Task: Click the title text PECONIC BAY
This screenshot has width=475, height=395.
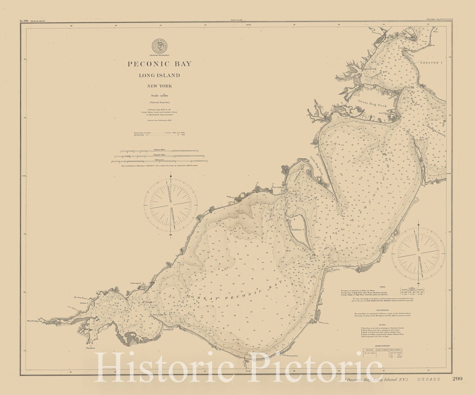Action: [160, 64]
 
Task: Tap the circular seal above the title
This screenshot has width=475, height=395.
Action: [160, 47]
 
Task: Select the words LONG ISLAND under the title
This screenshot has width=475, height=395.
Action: [159, 75]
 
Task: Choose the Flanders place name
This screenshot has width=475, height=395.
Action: [91, 348]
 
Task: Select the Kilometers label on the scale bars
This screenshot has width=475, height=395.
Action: [159, 159]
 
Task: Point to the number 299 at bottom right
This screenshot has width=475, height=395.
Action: [457, 379]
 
